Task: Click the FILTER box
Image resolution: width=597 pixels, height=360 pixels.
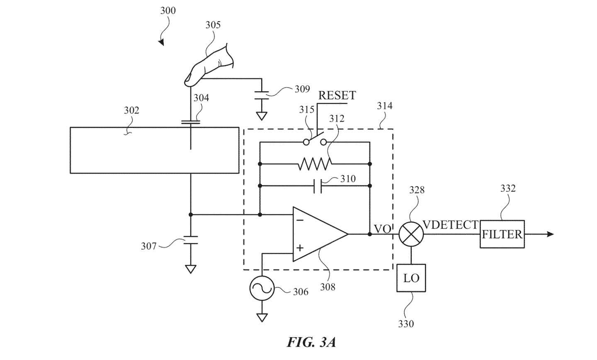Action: point(502,234)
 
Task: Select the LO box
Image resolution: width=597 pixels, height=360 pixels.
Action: point(411,278)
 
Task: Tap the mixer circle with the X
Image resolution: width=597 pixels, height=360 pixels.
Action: point(411,234)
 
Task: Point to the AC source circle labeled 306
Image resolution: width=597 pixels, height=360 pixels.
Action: point(262,288)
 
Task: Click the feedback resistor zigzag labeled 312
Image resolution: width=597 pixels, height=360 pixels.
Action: point(314,164)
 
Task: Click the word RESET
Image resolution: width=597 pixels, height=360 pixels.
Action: point(337,95)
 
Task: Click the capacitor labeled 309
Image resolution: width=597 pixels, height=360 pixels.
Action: point(262,95)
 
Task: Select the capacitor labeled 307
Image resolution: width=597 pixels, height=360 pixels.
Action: point(191,240)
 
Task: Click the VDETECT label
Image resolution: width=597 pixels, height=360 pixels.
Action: point(450,225)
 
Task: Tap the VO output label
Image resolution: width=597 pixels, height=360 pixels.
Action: point(382,229)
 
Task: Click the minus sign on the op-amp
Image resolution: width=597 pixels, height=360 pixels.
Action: point(300,220)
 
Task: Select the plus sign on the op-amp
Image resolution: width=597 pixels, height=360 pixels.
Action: point(299,248)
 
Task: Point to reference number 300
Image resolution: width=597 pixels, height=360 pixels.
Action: point(168,10)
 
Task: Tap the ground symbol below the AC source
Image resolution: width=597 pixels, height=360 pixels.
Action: point(262,318)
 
